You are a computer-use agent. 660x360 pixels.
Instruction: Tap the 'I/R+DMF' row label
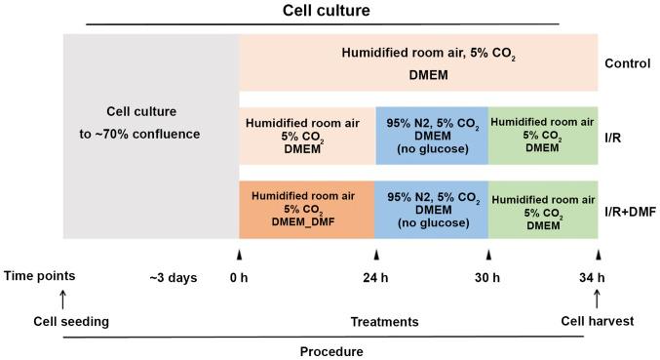[630, 210]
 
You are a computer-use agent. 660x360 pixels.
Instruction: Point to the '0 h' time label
[239, 277]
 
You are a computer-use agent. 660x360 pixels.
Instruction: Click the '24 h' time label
[375, 277]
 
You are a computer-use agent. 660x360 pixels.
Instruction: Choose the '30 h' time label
[488, 277]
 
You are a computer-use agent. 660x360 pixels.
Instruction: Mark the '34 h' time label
[598, 277]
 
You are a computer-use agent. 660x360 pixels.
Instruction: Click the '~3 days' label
[173, 277]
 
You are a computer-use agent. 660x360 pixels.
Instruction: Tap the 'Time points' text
[40, 276]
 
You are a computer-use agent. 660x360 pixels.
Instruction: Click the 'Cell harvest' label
[597, 320]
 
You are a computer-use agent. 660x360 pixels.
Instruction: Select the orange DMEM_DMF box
[307, 210]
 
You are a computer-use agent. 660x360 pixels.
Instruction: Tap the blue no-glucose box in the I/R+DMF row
[432, 210]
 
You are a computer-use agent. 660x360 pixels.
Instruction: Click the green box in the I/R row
[543, 136]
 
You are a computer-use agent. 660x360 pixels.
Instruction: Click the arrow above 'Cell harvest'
[598, 298]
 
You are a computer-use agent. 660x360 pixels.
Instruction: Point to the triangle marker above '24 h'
[375, 254]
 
